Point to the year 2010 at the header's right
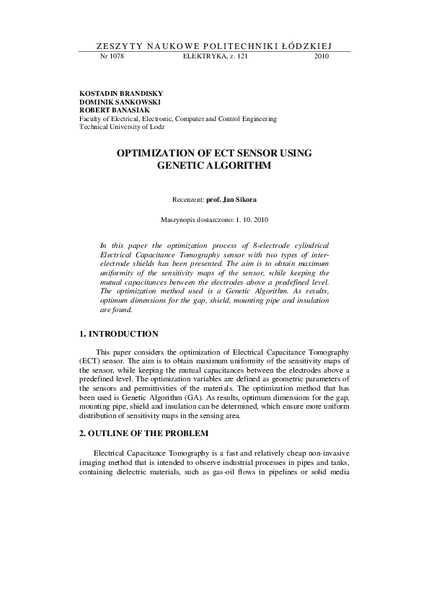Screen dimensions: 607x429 pyautogui.click(x=322, y=56)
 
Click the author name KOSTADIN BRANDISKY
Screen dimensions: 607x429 pyautogui.click(x=120, y=94)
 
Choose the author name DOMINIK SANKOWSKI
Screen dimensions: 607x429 pyautogui.click(x=119, y=102)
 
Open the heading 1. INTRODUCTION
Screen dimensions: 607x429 pyautogui.click(x=119, y=334)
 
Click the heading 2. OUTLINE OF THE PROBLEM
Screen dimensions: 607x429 pyautogui.click(x=143, y=433)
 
